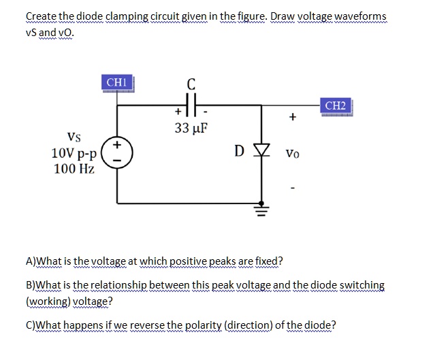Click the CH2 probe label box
(x=336, y=106)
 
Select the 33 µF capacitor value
(x=191, y=128)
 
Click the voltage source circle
(x=116, y=150)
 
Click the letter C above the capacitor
(x=191, y=85)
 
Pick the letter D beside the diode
(x=240, y=149)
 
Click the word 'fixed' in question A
(x=265, y=261)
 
